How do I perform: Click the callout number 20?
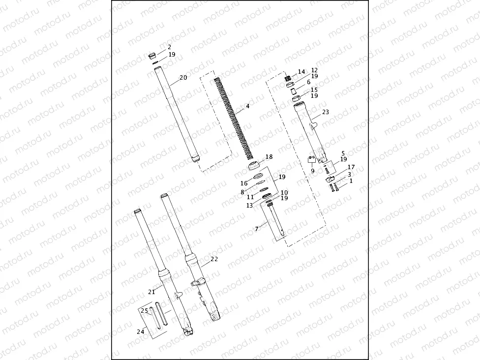tap(183, 78)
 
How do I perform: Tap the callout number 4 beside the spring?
tap(248, 106)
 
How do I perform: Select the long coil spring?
tap(234, 118)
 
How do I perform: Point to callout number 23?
tap(325, 112)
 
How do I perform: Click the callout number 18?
tap(269, 157)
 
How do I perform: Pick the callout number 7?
tap(256, 230)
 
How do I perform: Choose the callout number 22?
tap(213, 259)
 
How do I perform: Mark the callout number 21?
tap(151, 292)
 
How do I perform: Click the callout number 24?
tap(140, 332)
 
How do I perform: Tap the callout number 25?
tap(144, 311)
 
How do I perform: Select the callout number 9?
tap(311, 171)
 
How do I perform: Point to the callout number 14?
tap(301, 72)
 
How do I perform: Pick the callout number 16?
tap(244, 183)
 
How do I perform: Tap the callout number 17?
tap(351, 168)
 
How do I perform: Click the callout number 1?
tap(351, 181)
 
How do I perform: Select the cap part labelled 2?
tap(153, 55)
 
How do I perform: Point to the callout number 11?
tap(250, 197)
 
